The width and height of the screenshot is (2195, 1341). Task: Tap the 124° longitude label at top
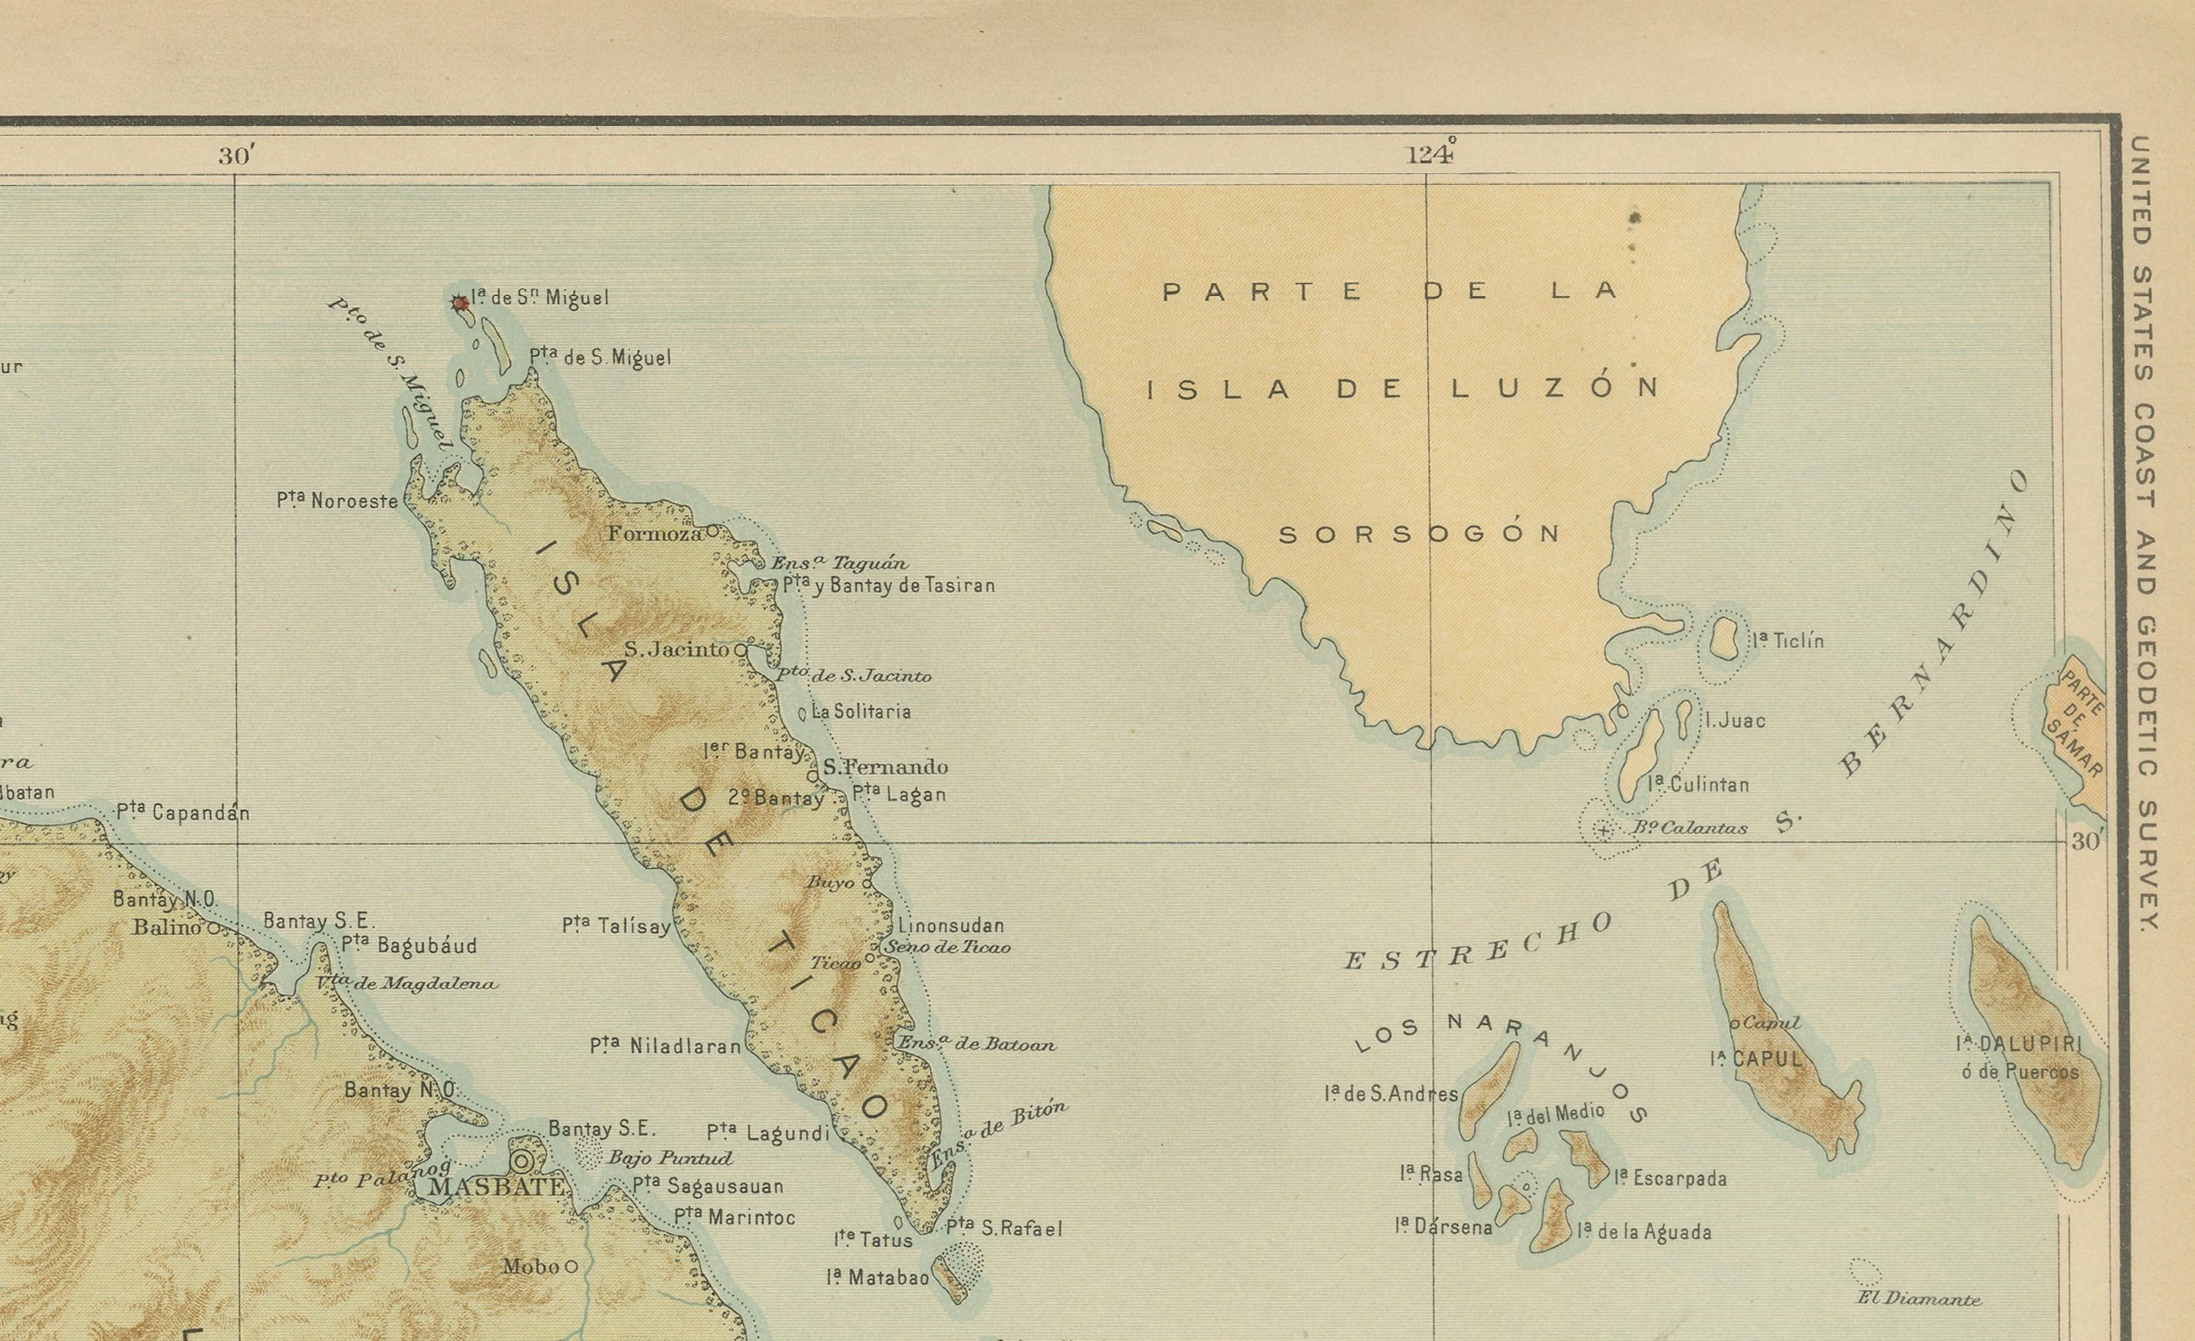pyautogui.click(x=1430, y=155)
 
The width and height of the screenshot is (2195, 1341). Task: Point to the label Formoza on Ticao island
pyautogui.click(x=655, y=534)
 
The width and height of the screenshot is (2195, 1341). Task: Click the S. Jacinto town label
pyautogui.click(x=677, y=650)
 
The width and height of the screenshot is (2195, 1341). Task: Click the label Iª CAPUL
pyautogui.click(x=1756, y=1059)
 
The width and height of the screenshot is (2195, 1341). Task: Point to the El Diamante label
pyautogui.click(x=1919, y=1299)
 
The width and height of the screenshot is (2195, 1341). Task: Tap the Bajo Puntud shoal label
pyautogui.click(x=670, y=1158)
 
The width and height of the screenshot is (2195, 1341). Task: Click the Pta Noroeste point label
pyautogui.click(x=337, y=501)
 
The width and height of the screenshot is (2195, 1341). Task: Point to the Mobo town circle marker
pyautogui.click(x=571, y=1266)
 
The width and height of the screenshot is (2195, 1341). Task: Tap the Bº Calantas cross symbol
pyautogui.click(x=1603, y=830)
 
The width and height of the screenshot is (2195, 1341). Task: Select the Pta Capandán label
pyautogui.click(x=183, y=812)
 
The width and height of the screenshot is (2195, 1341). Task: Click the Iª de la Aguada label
pyautogui.click(x=1644, y=1232)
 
